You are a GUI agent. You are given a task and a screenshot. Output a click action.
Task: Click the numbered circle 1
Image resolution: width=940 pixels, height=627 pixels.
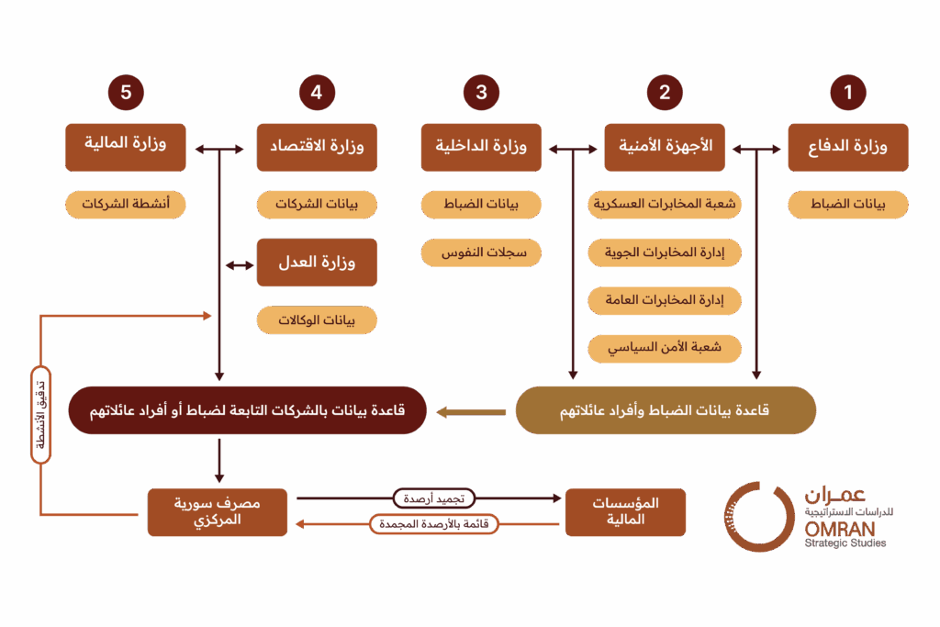click(848, 92)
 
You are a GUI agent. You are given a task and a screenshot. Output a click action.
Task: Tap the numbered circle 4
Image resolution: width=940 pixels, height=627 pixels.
click(317, 92)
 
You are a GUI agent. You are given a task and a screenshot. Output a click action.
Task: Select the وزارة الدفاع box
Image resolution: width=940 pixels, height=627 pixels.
click(848, 148)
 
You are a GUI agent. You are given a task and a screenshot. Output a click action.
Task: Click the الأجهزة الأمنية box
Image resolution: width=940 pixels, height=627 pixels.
click(665, 148)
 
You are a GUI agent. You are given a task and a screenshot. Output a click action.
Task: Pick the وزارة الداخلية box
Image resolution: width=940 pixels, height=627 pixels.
click(481, 148)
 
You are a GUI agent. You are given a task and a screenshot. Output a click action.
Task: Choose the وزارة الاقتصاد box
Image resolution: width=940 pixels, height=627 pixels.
click(317, 148)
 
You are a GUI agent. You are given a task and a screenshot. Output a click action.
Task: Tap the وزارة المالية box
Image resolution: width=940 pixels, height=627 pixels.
click(126, 146)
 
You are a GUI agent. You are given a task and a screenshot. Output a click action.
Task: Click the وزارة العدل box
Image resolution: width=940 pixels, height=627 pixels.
click(317, 263)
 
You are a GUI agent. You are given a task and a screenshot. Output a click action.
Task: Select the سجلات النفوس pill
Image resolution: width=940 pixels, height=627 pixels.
click(481, 252)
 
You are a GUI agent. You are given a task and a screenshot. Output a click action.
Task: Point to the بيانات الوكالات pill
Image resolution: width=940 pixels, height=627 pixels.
click(317, 319)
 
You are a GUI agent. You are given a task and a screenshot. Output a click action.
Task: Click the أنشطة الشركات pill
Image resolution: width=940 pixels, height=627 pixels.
click(126, 205)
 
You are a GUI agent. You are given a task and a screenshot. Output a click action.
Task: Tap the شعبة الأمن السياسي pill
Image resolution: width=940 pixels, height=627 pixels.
click(665, 348)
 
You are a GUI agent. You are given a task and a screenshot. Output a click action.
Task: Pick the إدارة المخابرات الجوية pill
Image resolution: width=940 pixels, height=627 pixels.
click(665, 252)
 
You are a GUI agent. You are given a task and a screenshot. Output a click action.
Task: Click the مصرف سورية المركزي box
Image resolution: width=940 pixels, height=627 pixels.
click(218, 512)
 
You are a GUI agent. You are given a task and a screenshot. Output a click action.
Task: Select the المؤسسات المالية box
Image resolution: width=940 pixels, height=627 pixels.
click(625, 512)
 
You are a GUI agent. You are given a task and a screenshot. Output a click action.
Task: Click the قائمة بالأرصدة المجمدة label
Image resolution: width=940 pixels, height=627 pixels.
click(433, 524)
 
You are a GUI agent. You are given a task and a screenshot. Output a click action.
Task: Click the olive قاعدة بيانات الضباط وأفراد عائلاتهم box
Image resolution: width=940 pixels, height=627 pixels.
click(666, 410)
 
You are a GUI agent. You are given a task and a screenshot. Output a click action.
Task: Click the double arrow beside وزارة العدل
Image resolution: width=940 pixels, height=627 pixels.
click(240, 265)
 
